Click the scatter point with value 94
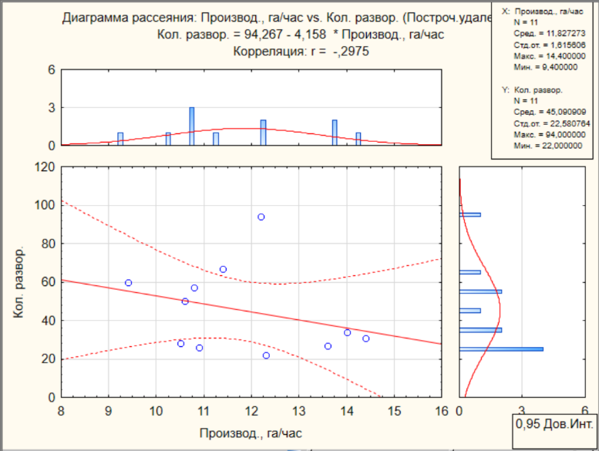pos(261,217)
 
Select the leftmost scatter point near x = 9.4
pos(128,283)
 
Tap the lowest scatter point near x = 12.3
pos(266,355)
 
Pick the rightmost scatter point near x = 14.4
pos(366,338)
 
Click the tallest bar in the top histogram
pos(192,126)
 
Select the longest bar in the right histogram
pos(501,349)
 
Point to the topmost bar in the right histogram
pos(470,214)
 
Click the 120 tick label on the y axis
pos(45,167)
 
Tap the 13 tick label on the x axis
pos(299,411)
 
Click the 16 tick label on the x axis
pos(441,411)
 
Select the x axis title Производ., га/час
pos(251,433)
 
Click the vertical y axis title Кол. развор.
pos(19,282)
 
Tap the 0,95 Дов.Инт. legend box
pos(554,430)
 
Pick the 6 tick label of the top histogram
pos(52,69)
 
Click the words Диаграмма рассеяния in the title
pos(130,18)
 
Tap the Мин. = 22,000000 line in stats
pos(548,146)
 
